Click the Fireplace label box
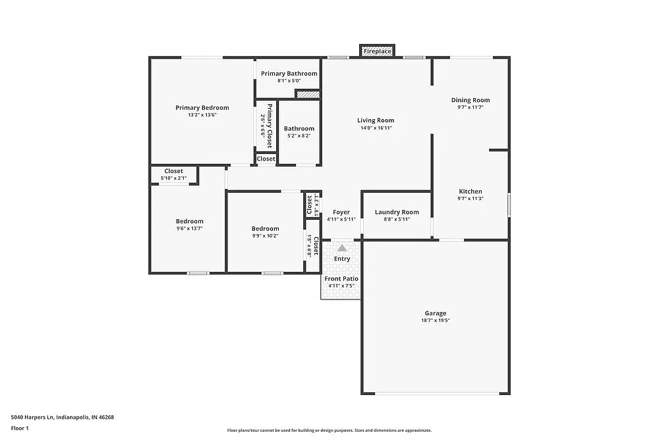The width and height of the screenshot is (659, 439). (378, 51)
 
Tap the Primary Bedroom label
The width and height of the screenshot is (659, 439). (202, 108)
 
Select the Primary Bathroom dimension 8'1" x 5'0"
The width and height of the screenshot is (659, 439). (289, 81)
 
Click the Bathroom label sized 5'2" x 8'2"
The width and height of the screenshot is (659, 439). (299, 128)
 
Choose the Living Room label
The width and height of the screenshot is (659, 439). (376, 120)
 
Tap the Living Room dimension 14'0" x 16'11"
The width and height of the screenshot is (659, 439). (376, 128)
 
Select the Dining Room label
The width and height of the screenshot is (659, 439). (471, 100)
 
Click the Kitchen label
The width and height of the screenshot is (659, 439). (471, 192)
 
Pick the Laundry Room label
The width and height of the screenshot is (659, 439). (397, 212)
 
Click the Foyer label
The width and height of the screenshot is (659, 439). (341, 212)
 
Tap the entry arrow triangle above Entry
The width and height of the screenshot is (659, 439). (341, 248)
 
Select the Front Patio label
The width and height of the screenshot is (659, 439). (341, 278)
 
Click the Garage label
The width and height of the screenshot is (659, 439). (435, 313)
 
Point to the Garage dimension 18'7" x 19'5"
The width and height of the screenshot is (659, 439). (435, 321)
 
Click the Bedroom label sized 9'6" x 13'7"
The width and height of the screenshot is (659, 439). (189, 221)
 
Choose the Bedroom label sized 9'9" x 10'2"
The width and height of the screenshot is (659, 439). (265, 228)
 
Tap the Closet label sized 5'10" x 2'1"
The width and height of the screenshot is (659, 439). (174, 171)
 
